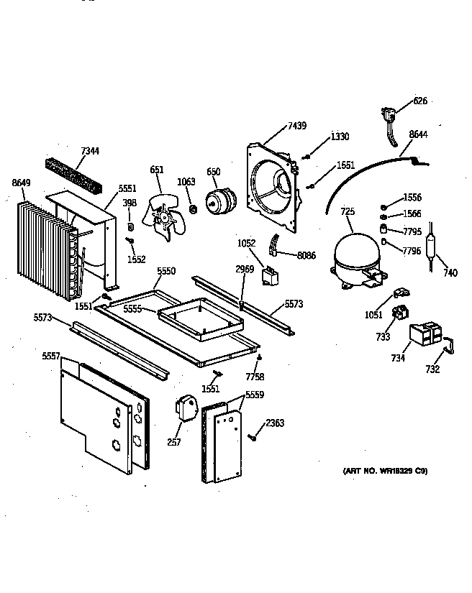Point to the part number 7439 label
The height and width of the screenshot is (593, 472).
(x=296, y=126)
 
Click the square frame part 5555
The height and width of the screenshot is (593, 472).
(x=196, y=320)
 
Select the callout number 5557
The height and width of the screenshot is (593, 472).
(x=50, y=356)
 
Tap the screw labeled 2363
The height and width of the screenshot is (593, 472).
(x=253, y=436)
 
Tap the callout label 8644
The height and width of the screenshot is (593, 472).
(x=418, y=134)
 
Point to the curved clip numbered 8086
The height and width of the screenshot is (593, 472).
(x=273, y=245)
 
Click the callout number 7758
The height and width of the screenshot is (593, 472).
(x=255, y=377)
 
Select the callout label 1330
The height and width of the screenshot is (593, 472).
(x=340, y=136)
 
